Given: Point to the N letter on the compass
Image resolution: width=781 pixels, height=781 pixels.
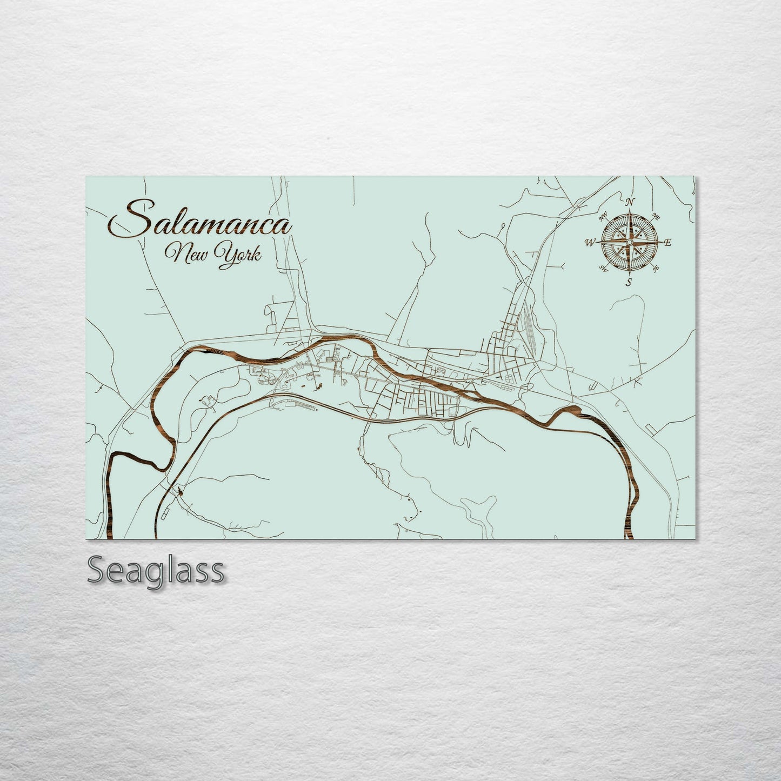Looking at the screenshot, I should click(x=630, y=202).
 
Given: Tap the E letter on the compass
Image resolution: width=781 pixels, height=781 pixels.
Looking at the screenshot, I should click(x=668, y=243).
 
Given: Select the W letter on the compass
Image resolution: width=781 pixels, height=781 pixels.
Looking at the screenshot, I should click(x=589, y=243).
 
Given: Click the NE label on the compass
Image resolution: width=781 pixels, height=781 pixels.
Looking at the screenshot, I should click(x=656, y=216).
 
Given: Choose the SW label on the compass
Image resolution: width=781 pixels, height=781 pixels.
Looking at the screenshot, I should click(x=602, y=268).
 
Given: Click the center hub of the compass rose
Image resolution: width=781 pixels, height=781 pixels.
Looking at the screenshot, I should click(x=629, y=243).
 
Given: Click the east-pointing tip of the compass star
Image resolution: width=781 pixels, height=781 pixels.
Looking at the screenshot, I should click(x=662, y=243).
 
